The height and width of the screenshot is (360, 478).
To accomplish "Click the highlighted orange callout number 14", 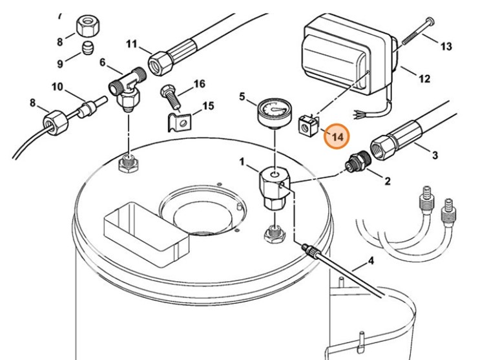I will [x=336, y=137].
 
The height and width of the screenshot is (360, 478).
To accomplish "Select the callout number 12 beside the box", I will [x=424, y=79].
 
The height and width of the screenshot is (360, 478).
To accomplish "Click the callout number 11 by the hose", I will [x=132, y=45].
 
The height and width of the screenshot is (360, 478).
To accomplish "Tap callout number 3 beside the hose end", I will [x=435, y=155].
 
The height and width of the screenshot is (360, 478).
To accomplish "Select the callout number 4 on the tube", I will [x=371, y=262].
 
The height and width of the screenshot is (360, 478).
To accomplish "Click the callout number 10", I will [x=57, y=86].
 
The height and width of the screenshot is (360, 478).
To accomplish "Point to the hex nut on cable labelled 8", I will [x=54, y=120].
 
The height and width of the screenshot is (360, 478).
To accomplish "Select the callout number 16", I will [x=198, y=84].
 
